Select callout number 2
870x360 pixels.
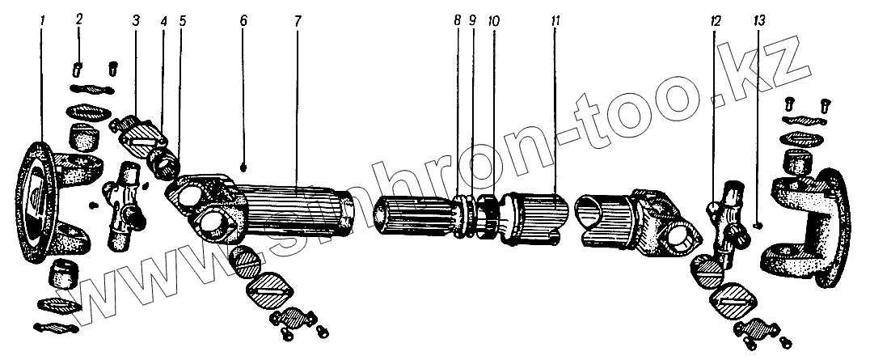click(x=78, y=18)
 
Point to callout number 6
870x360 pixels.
click(x=243, y=20)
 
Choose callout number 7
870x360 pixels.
click(x=297, y=20)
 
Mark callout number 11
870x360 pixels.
click(x=555, y=21)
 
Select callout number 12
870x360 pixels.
click(x=714, y=21)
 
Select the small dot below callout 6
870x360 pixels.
click(x=243, y=167)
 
